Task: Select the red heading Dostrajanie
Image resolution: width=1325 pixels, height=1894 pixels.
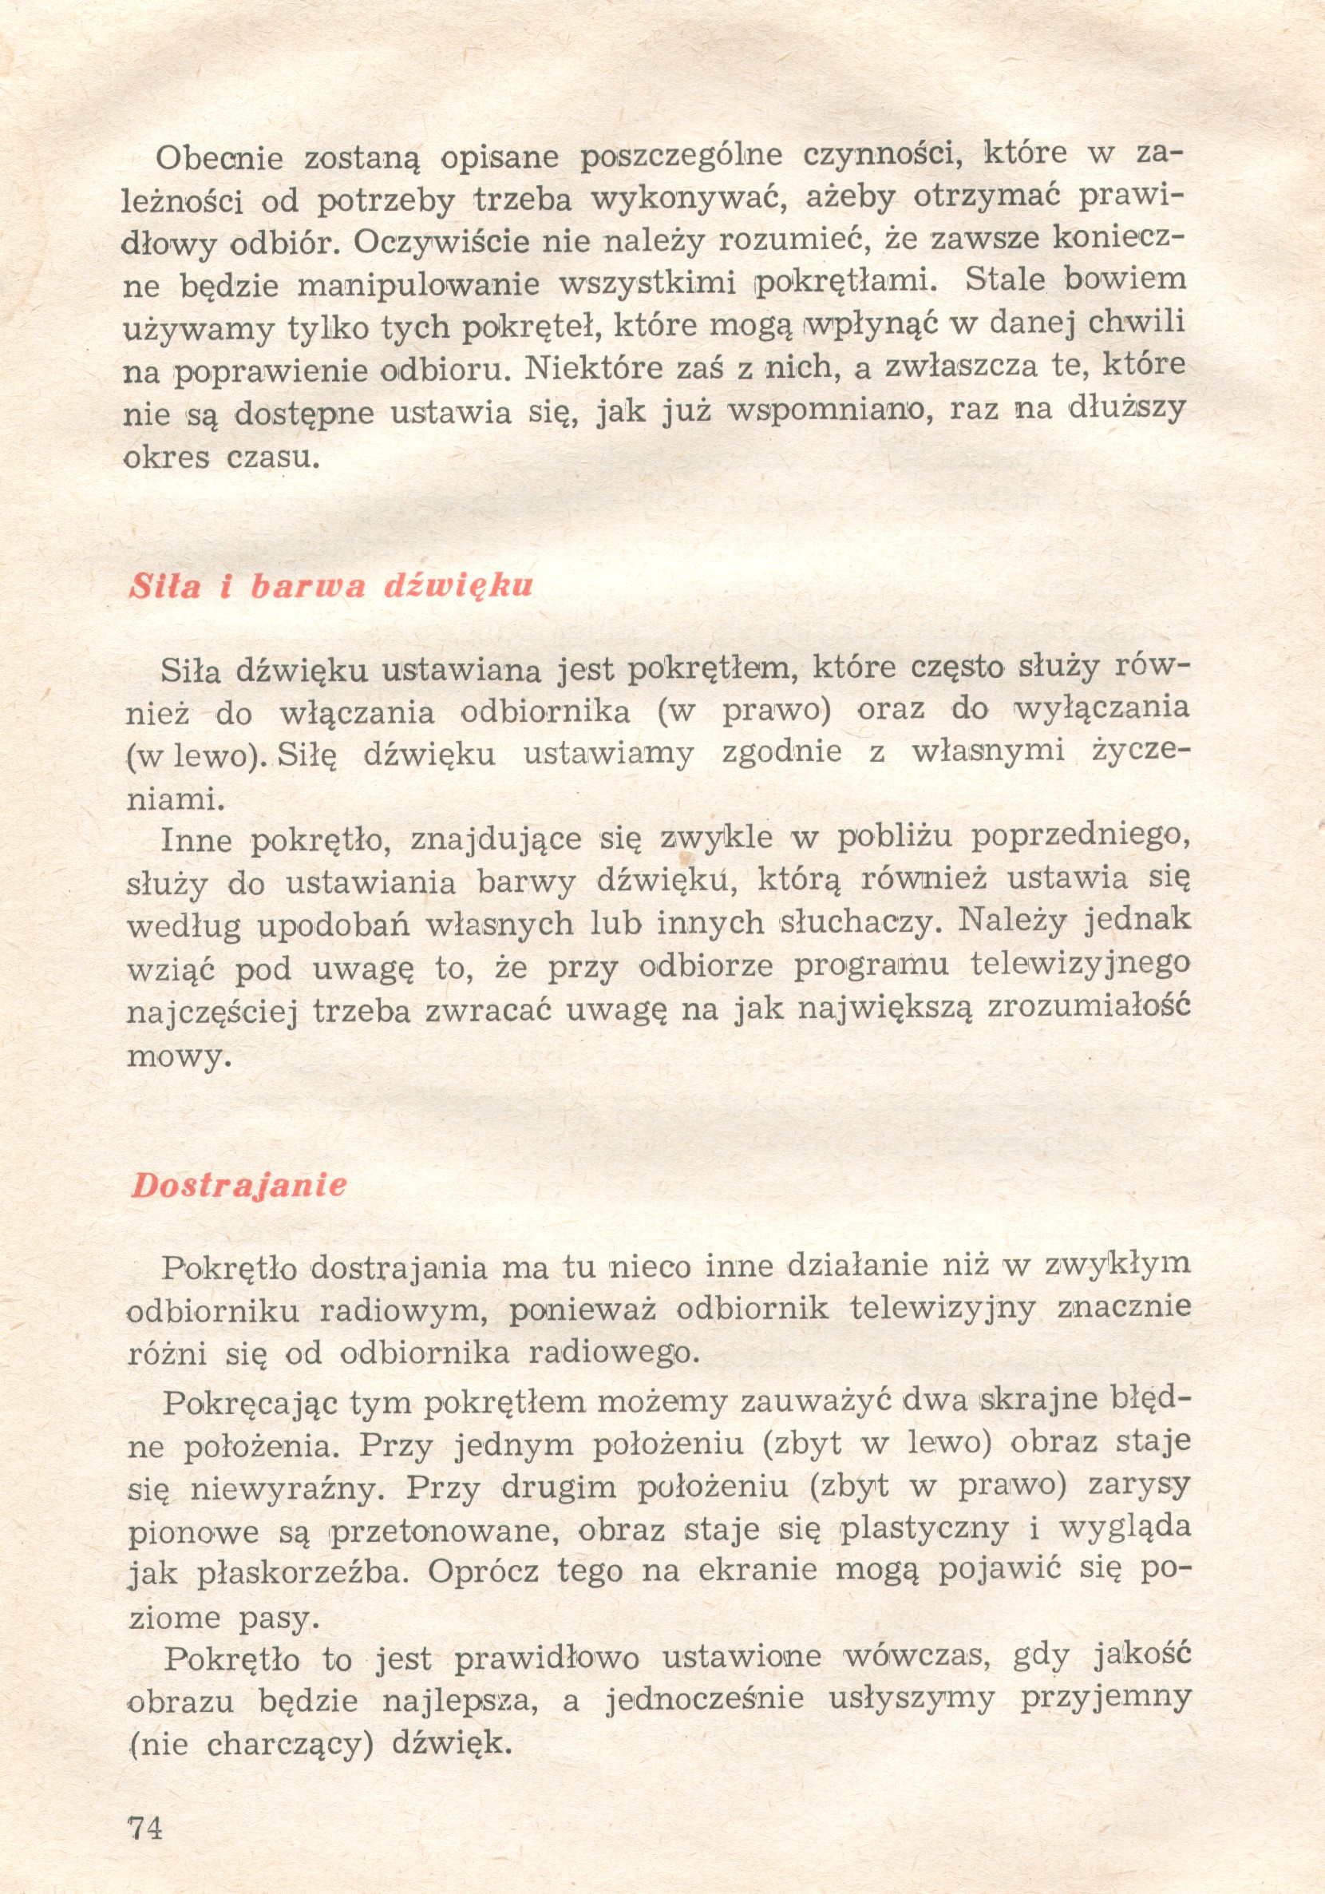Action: click(239, 1186)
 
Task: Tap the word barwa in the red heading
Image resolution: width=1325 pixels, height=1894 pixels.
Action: click(308, 586)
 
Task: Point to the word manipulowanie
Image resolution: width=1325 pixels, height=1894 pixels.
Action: click(418, 284)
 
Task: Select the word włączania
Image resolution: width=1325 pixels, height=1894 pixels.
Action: click(358, 712)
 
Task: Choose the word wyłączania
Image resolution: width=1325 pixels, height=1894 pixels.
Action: click(1102, 707)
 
